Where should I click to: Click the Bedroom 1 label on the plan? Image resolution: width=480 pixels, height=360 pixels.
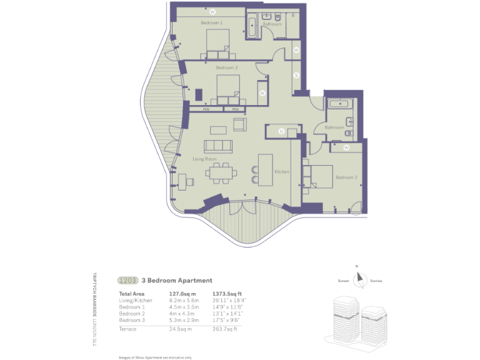[x=211, y=23]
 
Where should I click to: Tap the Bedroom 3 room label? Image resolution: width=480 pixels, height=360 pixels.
[x=227, y=67]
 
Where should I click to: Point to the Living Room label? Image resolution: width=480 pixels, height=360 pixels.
[x=204, y=159]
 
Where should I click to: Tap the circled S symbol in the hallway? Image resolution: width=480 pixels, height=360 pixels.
[x=296, y=76]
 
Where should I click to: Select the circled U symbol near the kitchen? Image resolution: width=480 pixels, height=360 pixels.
[x=281, y=131]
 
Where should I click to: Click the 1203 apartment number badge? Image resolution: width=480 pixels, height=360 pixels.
[x=127, y=281]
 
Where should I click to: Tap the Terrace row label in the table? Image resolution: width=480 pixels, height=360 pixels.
[x=128, y=328]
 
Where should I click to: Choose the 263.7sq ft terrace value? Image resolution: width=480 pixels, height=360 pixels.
[x=226, y=328]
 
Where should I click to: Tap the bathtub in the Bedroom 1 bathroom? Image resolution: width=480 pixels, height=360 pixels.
[x=252, y=28]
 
